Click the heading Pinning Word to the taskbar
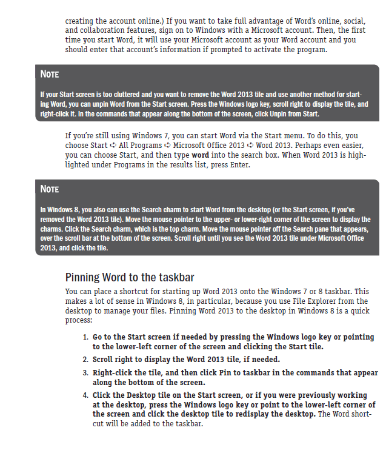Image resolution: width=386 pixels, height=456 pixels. point(129,278)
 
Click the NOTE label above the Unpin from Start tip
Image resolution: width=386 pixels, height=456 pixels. point(50,75)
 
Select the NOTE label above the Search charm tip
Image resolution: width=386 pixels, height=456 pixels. point(50,189)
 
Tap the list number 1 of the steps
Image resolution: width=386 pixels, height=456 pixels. point(85,337)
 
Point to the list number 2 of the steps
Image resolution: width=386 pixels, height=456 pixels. point(85,360)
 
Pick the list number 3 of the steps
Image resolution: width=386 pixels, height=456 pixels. point(85,372)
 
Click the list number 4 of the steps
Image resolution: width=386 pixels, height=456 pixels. point(85,395)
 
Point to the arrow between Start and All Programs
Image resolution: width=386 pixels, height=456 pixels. point(114,146)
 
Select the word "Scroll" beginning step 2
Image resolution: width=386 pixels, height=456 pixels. point(104,360)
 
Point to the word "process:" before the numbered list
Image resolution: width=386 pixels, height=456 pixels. point(78,320)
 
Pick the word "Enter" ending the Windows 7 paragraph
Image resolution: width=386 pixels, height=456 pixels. point(236,164)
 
